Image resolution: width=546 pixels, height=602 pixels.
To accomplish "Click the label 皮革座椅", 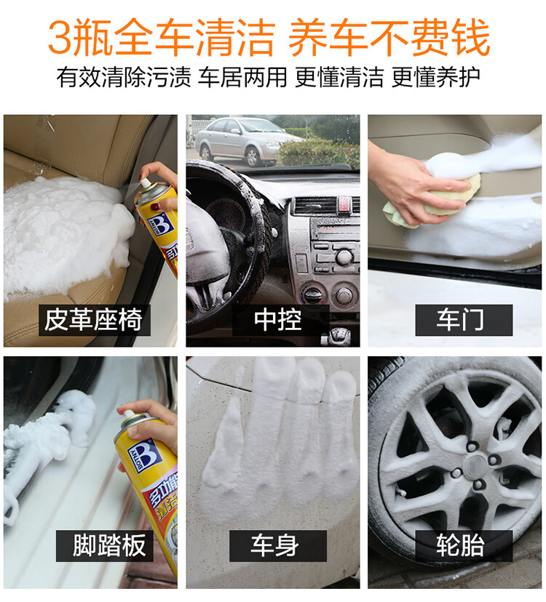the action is tap(93, 320).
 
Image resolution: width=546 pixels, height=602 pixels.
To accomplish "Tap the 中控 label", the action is tap(277, 320).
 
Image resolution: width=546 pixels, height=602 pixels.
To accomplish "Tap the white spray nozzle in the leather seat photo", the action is tap(145, 183).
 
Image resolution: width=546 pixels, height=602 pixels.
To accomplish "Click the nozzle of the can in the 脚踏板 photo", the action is tap(128, 414).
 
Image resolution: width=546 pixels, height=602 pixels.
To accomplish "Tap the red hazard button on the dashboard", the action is tap(344, 204).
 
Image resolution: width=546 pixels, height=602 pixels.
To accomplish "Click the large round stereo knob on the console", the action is tap(344, 257).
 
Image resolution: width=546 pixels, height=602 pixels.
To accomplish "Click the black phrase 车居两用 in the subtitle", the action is tap(242, 77).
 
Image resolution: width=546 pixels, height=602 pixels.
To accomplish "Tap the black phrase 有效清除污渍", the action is tap(124, 77).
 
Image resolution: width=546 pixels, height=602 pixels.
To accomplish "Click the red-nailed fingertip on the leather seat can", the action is tap(155, 206).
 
